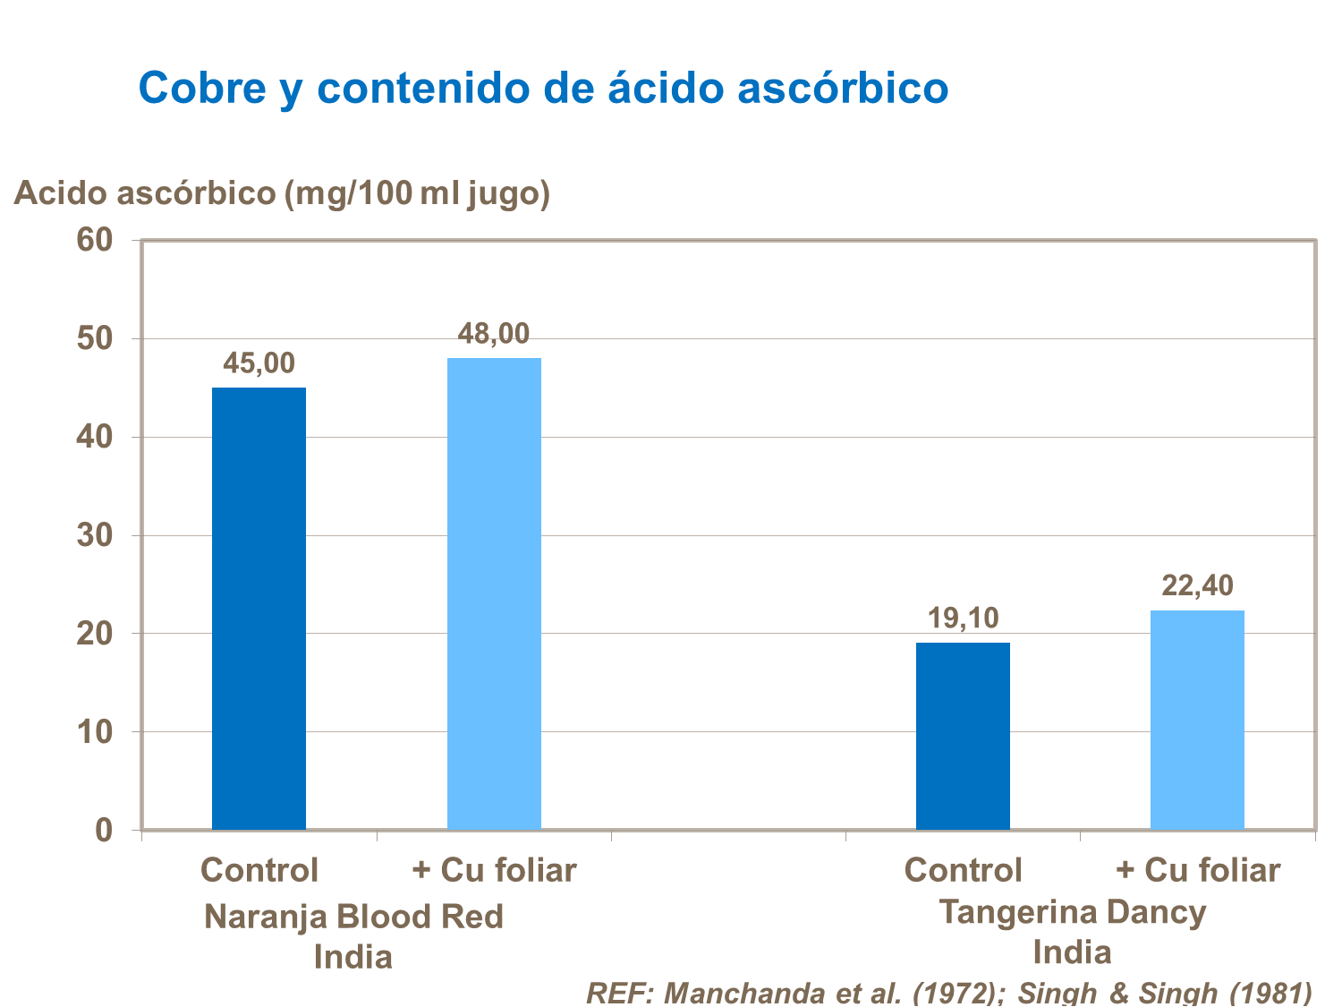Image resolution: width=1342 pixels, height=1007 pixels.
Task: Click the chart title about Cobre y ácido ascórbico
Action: click(543, 88)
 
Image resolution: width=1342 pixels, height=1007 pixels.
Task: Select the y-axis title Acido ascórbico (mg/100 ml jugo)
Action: click(282, 192)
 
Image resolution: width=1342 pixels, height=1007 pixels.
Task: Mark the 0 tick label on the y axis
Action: click(105, 831)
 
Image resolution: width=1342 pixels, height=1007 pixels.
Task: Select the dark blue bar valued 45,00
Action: click(259, 609)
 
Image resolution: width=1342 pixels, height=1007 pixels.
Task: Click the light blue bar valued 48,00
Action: click(494, 593)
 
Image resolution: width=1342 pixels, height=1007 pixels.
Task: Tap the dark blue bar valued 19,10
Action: click(963, 736)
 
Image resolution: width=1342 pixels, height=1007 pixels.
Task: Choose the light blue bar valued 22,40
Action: click(1197, 720)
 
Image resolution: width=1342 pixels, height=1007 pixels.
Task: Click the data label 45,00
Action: click(259, 363)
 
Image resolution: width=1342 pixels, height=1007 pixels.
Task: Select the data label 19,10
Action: click(963, 618)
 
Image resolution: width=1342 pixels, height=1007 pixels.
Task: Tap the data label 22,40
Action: click(1197, 585)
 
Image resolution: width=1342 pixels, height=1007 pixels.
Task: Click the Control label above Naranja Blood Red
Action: click(259, 870)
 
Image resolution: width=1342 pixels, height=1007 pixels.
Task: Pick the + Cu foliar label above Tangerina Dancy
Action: click(1197, 870)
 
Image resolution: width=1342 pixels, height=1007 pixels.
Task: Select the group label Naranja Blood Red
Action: click(353, 917)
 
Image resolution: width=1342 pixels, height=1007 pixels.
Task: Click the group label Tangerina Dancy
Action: click(1072, 912)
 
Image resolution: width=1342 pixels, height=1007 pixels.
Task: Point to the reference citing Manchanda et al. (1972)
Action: click(948, 992)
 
